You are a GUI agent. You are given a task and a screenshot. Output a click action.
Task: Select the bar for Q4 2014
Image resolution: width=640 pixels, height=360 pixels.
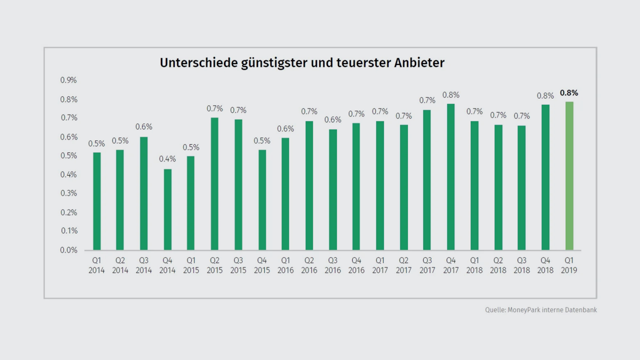167,210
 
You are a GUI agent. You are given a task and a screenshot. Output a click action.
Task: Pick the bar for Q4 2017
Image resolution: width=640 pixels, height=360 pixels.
451,177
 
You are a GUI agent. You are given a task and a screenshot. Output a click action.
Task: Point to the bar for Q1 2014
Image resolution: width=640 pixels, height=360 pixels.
97,201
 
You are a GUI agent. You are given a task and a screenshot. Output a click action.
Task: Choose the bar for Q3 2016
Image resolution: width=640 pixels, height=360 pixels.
333,190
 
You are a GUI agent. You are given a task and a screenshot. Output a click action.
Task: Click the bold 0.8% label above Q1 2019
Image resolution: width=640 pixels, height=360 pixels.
569,93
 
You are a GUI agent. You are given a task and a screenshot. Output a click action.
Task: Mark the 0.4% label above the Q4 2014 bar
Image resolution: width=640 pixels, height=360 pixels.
167,159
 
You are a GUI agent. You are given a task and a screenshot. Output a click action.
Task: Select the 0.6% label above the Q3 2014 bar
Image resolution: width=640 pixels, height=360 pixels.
144,127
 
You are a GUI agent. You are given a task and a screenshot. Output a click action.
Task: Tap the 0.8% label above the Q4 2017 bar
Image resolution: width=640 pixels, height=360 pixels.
451,95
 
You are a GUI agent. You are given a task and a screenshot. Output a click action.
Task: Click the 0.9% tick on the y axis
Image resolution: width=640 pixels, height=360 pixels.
68,80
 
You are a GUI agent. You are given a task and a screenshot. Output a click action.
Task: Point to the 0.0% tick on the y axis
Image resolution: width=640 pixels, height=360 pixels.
68,250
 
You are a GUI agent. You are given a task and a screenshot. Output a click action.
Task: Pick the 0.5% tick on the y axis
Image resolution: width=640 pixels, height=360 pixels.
68,156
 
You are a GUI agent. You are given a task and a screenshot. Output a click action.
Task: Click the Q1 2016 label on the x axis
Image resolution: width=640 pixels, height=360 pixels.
285,265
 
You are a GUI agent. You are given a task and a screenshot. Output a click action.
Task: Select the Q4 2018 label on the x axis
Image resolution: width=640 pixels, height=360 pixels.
545,265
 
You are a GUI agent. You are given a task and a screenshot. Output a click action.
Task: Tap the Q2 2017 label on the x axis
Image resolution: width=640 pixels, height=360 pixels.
404,265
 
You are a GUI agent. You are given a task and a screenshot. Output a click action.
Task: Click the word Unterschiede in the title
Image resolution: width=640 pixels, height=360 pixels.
199,63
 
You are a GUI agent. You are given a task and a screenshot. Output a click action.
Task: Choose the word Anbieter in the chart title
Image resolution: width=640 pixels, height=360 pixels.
419,63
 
